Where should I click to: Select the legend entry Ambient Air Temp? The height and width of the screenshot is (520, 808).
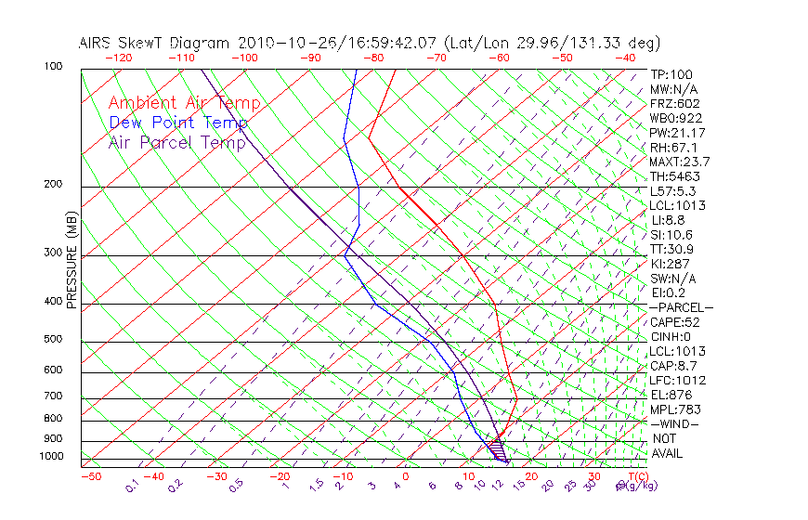click(184, 103)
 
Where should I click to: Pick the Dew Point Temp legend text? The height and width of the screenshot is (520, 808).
click(178, 123)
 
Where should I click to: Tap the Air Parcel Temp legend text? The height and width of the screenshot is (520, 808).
click(176, 142)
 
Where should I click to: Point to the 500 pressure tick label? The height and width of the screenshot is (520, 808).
click(54, 340)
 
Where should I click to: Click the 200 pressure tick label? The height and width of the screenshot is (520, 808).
click(54, 185)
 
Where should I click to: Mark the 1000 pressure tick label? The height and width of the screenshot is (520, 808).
click(51, 457)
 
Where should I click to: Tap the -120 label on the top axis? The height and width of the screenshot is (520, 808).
click(118, 58)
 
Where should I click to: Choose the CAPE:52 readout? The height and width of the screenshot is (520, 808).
click(674, 322)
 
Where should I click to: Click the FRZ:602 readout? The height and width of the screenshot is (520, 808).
click(675, 103)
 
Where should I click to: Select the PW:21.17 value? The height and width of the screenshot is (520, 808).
click(677, 133)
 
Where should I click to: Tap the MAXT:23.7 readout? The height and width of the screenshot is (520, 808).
click(680, 162)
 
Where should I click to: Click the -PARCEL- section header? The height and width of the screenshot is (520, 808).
click(681, 307)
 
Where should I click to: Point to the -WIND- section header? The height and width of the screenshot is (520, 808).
click(675, 423)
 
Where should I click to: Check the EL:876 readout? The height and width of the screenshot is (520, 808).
click(671, 395)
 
